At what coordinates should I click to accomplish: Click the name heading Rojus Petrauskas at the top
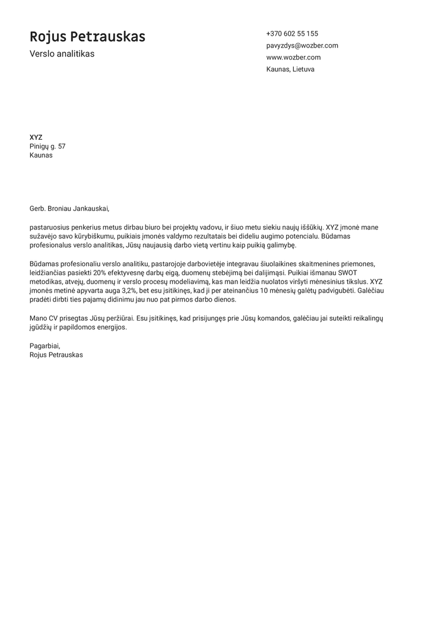(87, 37)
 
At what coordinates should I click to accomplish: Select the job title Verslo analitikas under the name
(62, 54)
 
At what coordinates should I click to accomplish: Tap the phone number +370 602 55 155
(292, 34)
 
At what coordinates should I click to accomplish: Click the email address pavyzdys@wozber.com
(302, 46)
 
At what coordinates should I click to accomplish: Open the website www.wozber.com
(293, 58)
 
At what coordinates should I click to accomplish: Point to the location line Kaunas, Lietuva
(290, 70)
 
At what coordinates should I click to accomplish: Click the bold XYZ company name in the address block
(36, 137)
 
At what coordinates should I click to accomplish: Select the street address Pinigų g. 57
(47, 146)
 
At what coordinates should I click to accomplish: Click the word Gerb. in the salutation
(37, 209)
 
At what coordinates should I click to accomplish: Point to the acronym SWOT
(347, 272)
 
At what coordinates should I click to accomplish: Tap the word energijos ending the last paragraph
(107, 328)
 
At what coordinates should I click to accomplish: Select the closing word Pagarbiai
(45, 346)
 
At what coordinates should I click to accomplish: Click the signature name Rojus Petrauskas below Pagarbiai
(56, 355)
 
